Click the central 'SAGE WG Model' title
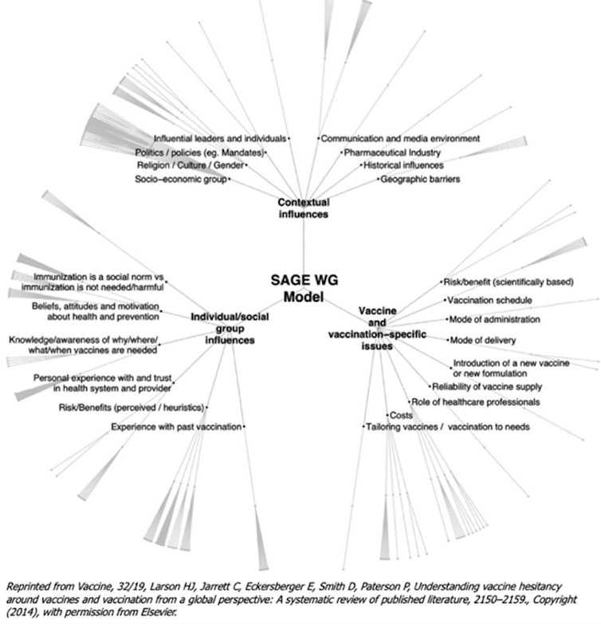(300, 290)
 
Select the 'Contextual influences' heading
(303, 208)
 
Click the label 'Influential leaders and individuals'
(219, 138)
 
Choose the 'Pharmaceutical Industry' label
(392, 152)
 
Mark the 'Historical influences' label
(403, 165)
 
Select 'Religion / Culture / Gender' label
(191, 165)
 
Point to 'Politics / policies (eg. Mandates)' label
(199, 152)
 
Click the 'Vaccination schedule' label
(488, 300)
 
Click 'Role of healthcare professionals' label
(476, 401)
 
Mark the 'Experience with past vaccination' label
(176, 428)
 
